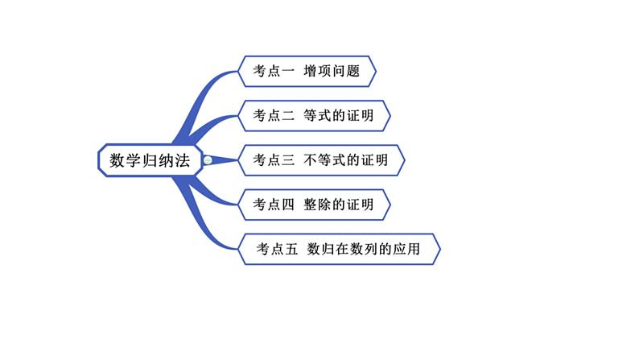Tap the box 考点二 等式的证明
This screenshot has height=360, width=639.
click(314, 115)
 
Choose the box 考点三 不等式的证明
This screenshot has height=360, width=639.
click(321, 160)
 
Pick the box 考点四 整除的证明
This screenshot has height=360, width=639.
click(314, 205)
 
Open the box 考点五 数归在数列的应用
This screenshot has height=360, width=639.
click(339, 249)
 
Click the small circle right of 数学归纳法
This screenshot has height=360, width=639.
click(208, 160)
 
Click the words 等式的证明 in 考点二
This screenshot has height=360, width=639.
click(339, 115)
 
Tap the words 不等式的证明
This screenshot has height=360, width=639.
click(346, 160)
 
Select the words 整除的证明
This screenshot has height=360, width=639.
click(339, 205)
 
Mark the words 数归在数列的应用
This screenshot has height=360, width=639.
click(369, 249)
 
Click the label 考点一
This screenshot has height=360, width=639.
click(274, 72)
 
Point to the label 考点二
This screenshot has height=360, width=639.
click(274, 115)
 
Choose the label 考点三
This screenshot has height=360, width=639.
click(274, 160)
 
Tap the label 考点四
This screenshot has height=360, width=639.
click(274, 205)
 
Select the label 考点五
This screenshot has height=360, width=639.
click(278, 249)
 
